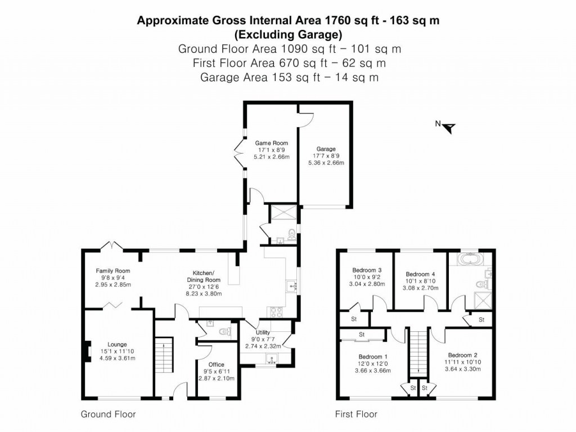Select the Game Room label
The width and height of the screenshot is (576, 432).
(272, 143)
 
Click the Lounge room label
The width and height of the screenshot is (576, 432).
(117, 344)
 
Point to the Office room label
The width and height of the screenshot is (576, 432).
(216, 364)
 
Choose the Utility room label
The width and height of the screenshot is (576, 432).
(263, 332)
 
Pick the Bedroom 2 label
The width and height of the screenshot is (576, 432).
(462, 354)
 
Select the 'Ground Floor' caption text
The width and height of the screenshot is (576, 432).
(109, 415)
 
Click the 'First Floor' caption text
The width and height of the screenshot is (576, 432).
(356, 415)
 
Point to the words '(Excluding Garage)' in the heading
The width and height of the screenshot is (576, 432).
(289, 34)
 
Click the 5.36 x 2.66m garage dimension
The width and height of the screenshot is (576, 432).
(326, 163)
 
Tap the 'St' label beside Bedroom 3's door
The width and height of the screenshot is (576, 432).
(354, 319)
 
